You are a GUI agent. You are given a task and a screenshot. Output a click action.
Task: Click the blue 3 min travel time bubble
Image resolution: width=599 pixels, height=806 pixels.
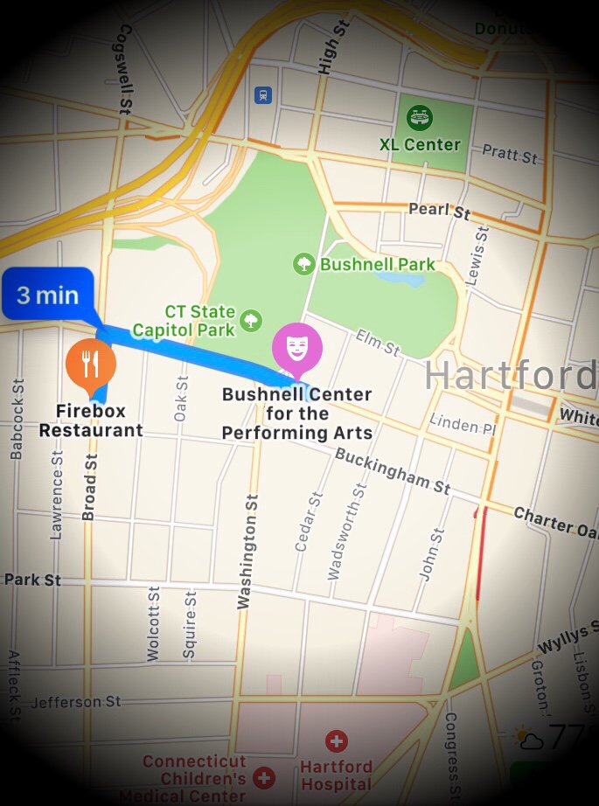click(47, 294)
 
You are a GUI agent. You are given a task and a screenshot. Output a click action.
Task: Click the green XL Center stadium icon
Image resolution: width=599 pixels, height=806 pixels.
click(420, 117)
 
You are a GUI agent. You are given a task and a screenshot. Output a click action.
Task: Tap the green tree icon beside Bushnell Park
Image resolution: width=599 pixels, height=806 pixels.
click(304, 263)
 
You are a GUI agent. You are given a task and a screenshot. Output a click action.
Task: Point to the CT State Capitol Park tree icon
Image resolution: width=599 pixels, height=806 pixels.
click(251, 320)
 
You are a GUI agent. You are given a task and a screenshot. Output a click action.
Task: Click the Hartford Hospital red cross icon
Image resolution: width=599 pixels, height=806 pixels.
click(336, 742)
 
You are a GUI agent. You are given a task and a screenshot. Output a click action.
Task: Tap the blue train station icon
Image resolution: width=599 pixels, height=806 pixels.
click(262, 95)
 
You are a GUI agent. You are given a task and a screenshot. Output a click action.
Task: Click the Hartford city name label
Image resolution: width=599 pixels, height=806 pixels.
click(510, 375)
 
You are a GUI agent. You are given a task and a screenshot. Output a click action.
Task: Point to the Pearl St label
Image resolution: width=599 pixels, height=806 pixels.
click(440, 211)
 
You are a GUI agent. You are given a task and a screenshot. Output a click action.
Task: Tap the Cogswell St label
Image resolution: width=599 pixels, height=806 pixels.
click(123, 68)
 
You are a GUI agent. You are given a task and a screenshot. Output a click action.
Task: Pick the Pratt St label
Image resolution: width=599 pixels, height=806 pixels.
click(510, 156)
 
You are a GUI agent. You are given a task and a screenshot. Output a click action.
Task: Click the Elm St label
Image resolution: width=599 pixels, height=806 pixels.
click(378, 343)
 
